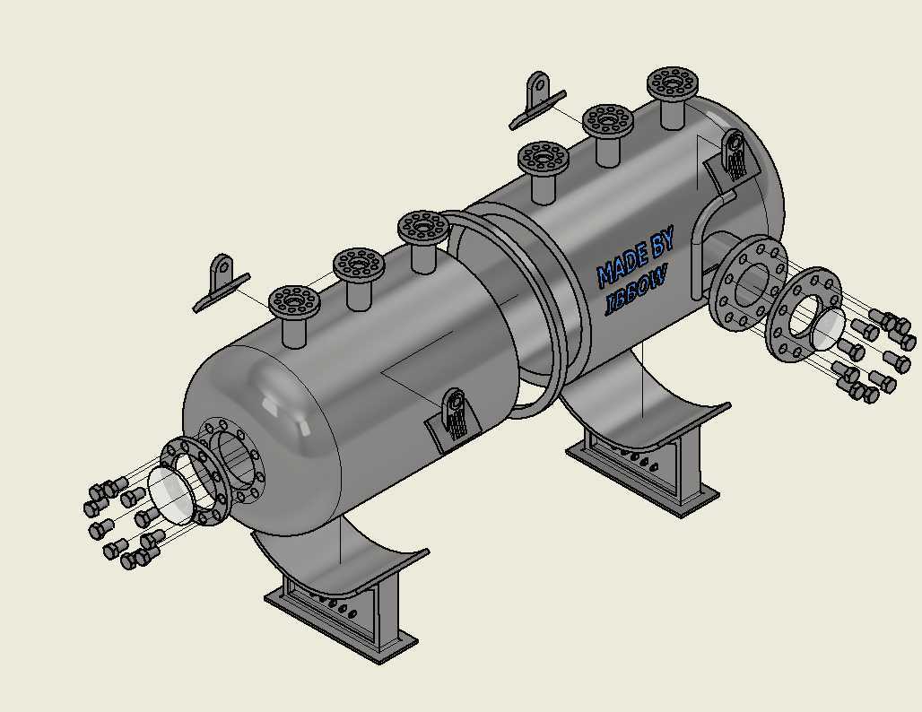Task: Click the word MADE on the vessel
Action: [621, 267]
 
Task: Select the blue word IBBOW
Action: [637, 291]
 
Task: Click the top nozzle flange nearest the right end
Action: [673, 83]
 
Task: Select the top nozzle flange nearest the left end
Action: [294, 302]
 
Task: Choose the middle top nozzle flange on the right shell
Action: [608, 122]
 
